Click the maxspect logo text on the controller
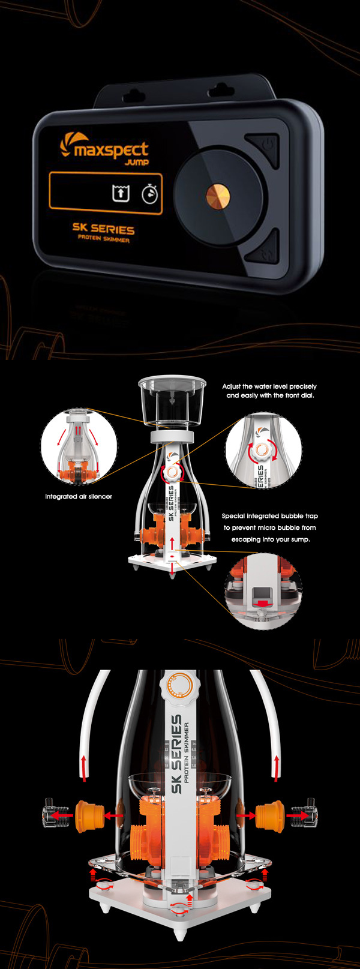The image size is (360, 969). [x=111, y=149]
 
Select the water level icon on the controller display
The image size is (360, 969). [x=121, y=193]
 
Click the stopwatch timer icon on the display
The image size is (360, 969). [x=150, y=194]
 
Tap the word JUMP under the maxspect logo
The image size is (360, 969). [x=136, y=162]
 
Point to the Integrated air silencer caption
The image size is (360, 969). [x=79, y=497]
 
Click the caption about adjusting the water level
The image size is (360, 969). [x=269, y=391]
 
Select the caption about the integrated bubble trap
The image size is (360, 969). [x=270, y=528]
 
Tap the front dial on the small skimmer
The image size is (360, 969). [x=172, y=472]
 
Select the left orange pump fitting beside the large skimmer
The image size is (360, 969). [x=86, y=815]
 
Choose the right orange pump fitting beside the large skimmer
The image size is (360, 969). [x=270, y=815]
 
